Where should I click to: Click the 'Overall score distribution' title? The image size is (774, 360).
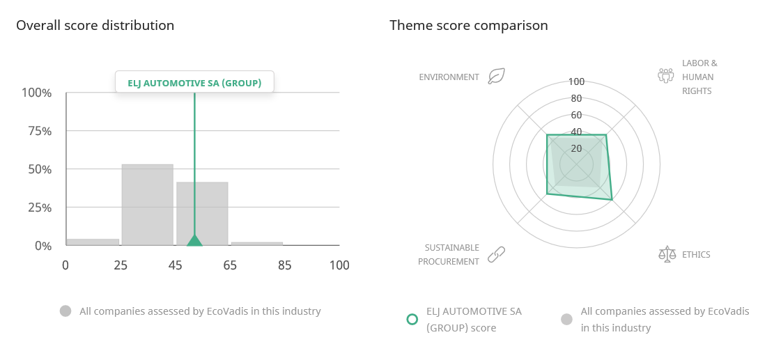tap(95, 25)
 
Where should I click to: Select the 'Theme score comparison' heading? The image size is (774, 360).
tap(468, 25)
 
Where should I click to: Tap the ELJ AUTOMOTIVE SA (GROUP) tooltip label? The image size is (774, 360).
tap(194, 83)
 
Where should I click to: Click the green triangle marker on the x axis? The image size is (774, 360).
tap(194, 240)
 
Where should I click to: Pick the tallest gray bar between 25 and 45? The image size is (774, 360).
tap(148, 205)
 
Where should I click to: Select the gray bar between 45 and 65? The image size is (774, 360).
tap(203, 214)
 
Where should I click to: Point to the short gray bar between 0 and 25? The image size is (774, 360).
tap(93, 242)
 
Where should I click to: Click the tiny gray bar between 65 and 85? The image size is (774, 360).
tap(257, 244)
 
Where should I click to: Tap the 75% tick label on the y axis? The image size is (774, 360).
tap(37, 131)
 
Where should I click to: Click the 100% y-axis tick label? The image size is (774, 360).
tap(36, 93)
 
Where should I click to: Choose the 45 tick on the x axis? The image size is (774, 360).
tap(175, 265)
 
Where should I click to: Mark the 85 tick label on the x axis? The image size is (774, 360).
tap(284, 265)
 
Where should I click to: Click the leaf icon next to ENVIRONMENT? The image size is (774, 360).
tap(496, 77)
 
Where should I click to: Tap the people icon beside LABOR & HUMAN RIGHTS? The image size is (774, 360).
tap(666, 75)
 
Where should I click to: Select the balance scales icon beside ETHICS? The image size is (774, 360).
tap(667, 254)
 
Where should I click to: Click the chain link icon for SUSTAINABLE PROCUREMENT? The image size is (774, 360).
tap(496, 254)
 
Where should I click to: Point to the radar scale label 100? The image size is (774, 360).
tap(577, 82)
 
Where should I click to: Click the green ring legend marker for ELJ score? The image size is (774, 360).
tap(412, 319)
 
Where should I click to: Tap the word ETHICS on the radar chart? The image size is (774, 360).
tap(696, 254)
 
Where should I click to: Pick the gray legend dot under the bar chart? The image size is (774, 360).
tap(65, 311)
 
